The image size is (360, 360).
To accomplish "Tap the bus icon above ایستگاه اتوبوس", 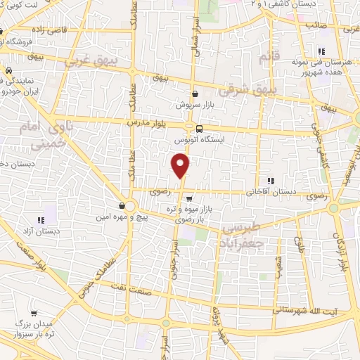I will point(200,129).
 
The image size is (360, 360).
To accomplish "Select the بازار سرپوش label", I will point(195,104).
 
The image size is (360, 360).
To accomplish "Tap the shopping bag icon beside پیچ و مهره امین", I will point(123,205).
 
